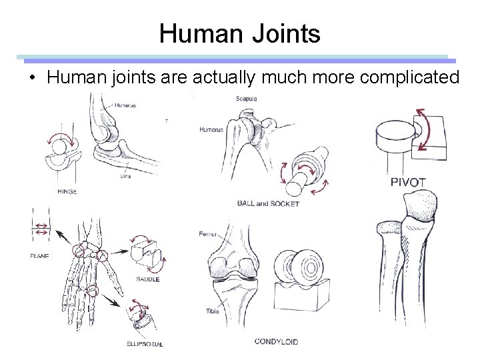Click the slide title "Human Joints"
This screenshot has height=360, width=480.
239,33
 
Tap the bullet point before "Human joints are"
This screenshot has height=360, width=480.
31,77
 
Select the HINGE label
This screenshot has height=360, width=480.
67,191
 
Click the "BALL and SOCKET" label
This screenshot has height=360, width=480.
268,203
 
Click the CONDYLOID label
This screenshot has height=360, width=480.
277,342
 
